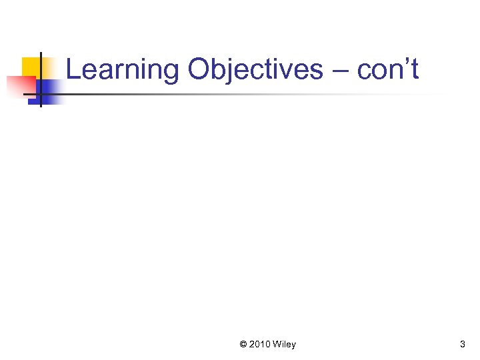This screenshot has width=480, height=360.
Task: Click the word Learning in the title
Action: pyautogui.click(x=123, y=70)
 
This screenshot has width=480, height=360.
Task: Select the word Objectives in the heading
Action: pyautogui.click(x=255, y=70)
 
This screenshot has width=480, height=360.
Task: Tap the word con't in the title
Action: pyautogui.click(x=388, y=70)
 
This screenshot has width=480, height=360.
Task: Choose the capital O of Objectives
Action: pyautogui.click(x=199, y=69)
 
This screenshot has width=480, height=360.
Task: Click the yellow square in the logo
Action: pyautogui.click(x=32, y=67)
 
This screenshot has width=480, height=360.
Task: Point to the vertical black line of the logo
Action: pyautogui.click(x=40, y=80)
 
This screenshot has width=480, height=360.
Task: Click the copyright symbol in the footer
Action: pyautogui.click(x=243, y=345)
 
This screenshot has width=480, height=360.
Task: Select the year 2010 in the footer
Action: pyautogui.click(x=260, y=345)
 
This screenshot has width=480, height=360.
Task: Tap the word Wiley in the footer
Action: pyautogui.click(x=285, y=345)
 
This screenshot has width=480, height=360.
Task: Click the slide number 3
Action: pyautogui.click(x=463, y=345)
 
